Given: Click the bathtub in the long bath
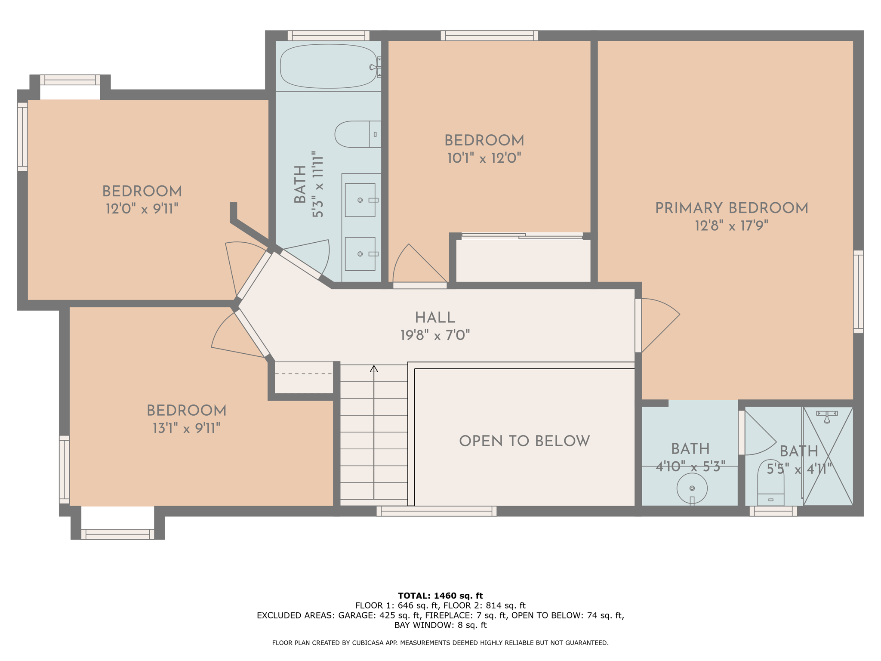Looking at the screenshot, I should tap(328, 66).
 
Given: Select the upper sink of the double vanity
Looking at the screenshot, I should tap(360, 200).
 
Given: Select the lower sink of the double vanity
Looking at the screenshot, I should tap(360, 254).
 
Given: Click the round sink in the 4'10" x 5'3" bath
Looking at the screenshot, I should tap(692, 488).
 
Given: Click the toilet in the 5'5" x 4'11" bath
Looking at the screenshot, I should tap(770, 484).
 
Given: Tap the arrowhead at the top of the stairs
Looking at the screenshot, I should tap(374, 369).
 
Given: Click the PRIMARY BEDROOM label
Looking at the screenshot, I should tap(731, 208).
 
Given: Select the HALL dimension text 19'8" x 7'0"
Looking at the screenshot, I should tap(435, 335).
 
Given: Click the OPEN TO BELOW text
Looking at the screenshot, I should tap(524, 441).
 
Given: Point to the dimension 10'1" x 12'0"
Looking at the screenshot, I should tap(484, 158).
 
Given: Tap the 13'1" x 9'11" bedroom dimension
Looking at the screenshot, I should tap(186, 428).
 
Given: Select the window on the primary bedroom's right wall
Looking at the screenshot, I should tap(858, 291).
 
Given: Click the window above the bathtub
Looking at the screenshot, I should tap(328, 35).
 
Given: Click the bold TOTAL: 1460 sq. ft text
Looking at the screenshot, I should tap(440, 596).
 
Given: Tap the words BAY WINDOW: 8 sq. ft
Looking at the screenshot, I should tap(440, 625).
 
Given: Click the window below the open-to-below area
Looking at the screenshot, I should tap(436, 511).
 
